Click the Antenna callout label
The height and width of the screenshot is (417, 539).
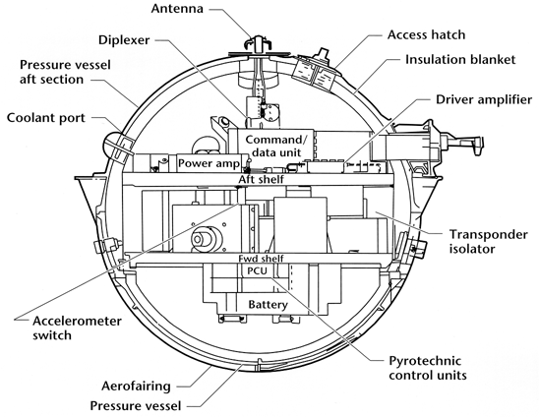(177, 9)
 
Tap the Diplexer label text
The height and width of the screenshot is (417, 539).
(124, 40)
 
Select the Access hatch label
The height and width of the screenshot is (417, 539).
(426, 34)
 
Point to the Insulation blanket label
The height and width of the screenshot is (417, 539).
(460, 59)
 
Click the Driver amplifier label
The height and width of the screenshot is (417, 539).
(484, 99)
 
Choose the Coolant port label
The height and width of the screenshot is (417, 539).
(45, 118)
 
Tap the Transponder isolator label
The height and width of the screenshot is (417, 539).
(489, 241)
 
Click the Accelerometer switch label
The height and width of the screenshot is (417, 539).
(77, 328)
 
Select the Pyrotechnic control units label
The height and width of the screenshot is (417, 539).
(428, 368)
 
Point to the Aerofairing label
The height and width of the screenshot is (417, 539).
(136, 387)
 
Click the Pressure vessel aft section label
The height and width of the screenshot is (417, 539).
(65, 72)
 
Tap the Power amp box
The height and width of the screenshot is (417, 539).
(210, 162)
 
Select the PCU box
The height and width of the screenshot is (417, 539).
(257, 270)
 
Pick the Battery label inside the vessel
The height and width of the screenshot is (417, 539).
(268, 305)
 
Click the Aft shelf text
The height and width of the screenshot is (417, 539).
(262, 179)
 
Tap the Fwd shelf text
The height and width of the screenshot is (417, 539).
(262, 259)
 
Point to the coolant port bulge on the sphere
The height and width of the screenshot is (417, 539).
(118, 147)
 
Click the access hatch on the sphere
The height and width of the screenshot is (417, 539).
(316, 72)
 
